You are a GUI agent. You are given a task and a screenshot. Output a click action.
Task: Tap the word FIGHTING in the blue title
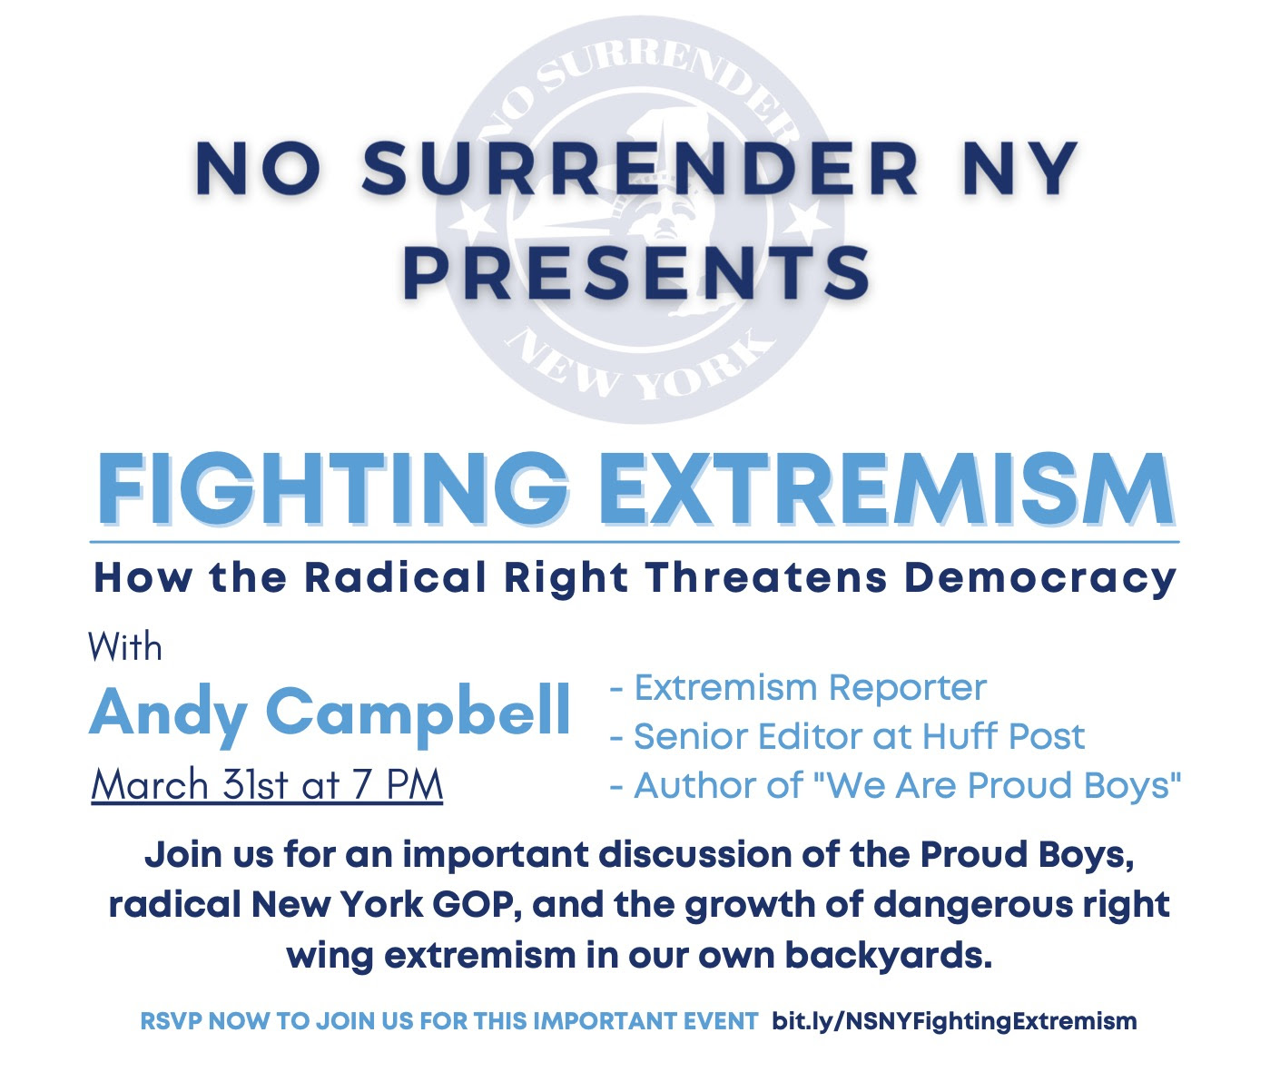(331, 490)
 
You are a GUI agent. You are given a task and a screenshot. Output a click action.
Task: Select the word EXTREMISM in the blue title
(887, 490)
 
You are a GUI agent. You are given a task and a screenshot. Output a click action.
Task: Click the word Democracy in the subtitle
(1040, 578)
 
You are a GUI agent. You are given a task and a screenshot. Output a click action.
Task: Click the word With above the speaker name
(125, 646)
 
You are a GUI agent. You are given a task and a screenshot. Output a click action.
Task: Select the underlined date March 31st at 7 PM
(267, 784)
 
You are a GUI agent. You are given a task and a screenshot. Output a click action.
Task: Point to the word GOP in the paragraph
(477, 905)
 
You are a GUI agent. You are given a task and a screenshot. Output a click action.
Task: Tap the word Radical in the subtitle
(397, 577)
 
